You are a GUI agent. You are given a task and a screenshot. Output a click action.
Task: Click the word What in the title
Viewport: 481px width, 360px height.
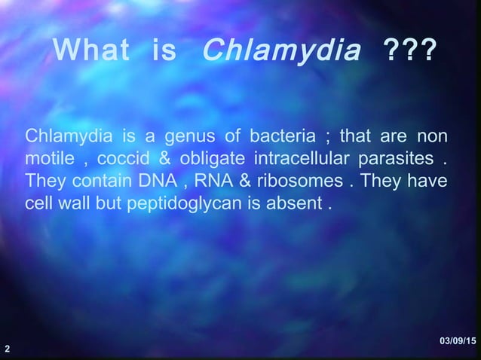(x=93, y=52)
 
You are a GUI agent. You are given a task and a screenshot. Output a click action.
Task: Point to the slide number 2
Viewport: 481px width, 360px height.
(x=7, y=349)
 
